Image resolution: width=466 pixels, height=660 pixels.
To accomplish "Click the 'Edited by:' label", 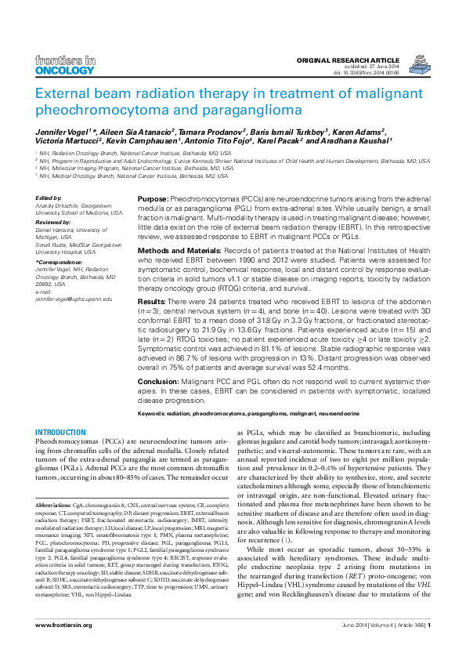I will pos(49,198).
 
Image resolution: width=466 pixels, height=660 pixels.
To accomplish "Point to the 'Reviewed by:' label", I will pos(54,222).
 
